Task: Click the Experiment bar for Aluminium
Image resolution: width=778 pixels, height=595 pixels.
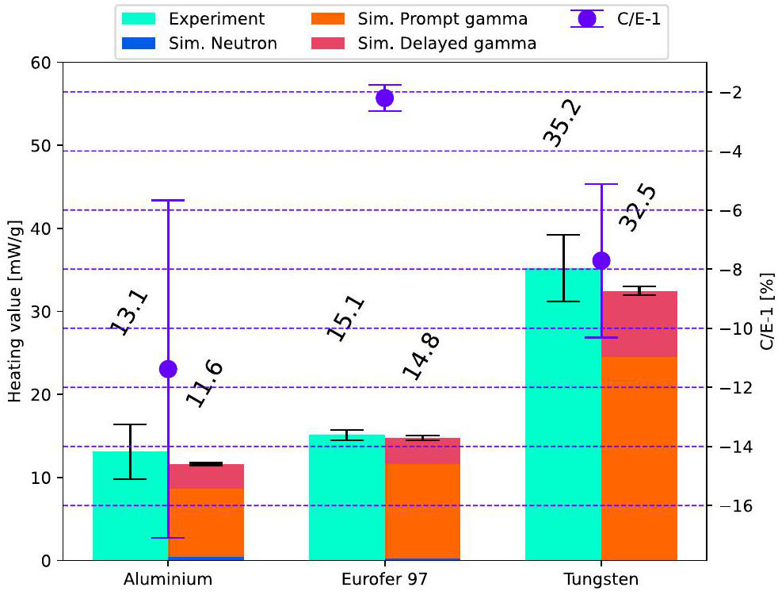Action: click(130, 508)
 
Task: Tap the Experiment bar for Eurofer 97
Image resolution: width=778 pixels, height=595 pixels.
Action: click(346, 500)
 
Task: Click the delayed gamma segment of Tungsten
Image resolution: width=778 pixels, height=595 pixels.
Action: click(639, 324)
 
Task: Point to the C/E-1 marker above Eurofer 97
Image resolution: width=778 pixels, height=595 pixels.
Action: click(385, 98)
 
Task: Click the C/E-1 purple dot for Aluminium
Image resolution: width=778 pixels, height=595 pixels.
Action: click(168, 368)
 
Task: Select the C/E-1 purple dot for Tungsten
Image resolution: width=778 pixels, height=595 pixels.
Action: click(601, 260)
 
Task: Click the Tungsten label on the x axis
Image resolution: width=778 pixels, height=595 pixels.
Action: click(601, 579)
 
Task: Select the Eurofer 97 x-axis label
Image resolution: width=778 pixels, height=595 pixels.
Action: click(385, 579)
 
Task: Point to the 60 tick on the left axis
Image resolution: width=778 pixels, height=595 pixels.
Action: click(43, 63)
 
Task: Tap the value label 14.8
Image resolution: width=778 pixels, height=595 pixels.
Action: click(421, 356)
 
